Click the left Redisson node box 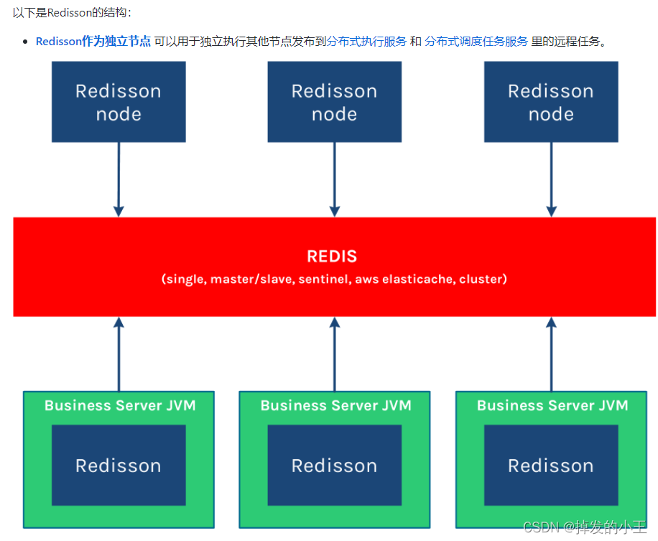click(119, 102)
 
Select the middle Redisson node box click(334, 102)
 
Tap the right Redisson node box click(551, 102)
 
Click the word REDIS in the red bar click(332, 256)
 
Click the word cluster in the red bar click(483, 279)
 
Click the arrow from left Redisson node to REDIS click(119, 179)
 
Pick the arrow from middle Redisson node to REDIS click(334, 179)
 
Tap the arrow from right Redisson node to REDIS click(551, 179)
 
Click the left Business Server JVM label click(119, 405)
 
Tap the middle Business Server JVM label click(335, 405)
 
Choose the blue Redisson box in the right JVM click(551, 465)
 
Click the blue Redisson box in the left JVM click(119, 465)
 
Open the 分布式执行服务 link click(366, 42)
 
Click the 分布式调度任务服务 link click(476, 42)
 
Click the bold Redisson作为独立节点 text click(93, 42)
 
